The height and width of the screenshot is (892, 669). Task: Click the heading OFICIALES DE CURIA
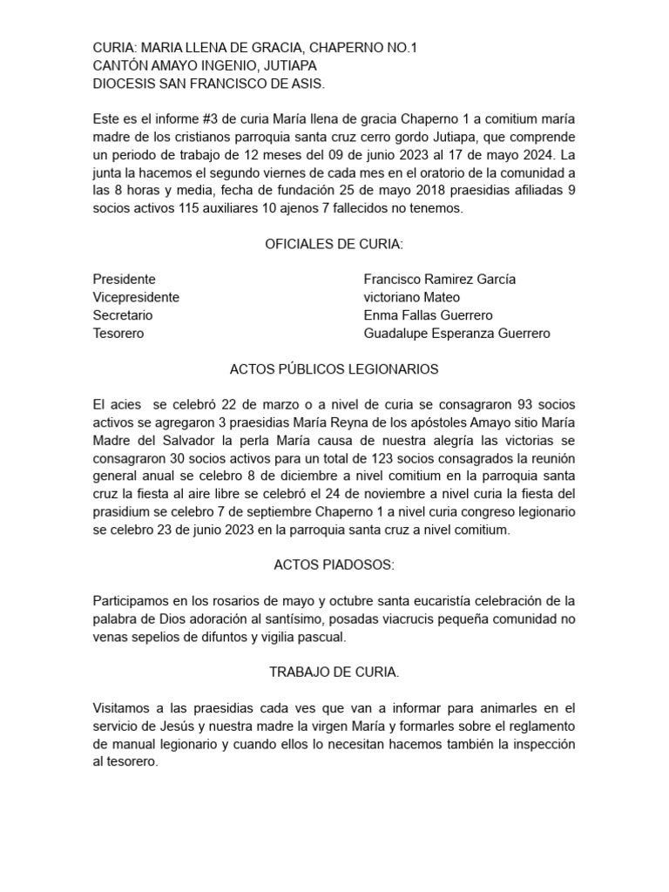[x=334, y=244]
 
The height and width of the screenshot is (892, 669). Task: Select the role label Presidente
[x=125, y=280]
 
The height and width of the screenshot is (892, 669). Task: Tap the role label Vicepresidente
[x=136, y=297]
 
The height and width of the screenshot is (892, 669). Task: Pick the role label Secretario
[x=123, y=315]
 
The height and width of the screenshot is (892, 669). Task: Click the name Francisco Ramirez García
[x=439, y=280]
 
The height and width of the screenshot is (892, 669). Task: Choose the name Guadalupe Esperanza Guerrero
[x=456, y=334]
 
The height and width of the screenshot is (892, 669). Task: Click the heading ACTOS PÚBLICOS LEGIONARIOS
[x=334, y=369]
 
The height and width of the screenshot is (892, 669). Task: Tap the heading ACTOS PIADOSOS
[x=334, y=566]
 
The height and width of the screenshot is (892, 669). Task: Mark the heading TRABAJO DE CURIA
[x=334, y=673]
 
